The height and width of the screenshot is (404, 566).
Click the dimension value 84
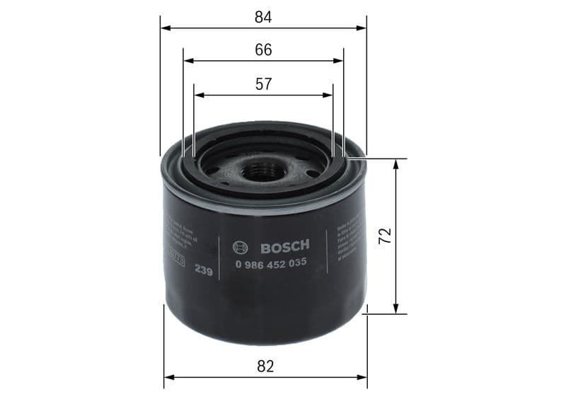tap(263, 17)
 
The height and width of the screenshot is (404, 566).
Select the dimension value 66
tap(263, 50)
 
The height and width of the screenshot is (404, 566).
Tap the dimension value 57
tap(263, 83)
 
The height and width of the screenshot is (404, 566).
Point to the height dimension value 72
tap(385, 236)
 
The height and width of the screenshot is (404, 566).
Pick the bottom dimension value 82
tap(265, 366)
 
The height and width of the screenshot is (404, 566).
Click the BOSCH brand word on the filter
tap(285, 247)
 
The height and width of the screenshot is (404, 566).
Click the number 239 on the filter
tap(204, 271)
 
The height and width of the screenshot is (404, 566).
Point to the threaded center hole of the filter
tap(262, 171)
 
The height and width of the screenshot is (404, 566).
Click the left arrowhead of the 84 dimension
tap(165, 28)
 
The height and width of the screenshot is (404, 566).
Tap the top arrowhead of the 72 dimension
tap(396, 163)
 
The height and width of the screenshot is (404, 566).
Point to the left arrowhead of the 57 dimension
tap(198, 94)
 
